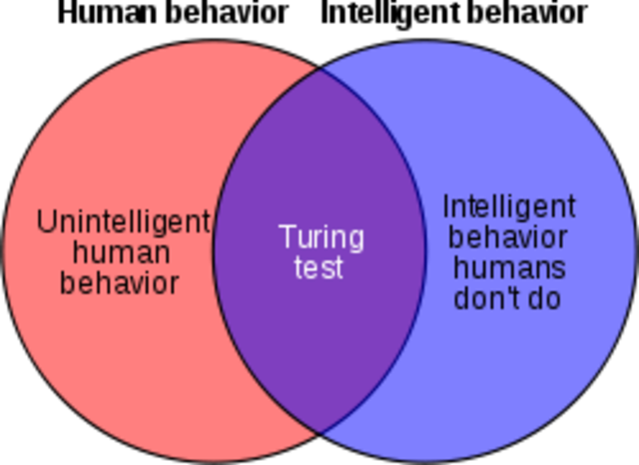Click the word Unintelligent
(x=123, y=223)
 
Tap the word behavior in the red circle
(x=120, y=282)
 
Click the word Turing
(x=320, y=238)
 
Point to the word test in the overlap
(x=319, y=267)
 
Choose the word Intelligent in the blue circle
(x=509, y=208)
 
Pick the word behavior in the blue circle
(x=508, y=237)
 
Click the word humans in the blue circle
(x=508, y=267)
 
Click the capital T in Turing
(x=287, y=236)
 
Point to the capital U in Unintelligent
(x=45, y=222)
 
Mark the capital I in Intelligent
(x=445, y=207)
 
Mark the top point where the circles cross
(x=319, y=70)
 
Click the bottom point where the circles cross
(x=319, y=432)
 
